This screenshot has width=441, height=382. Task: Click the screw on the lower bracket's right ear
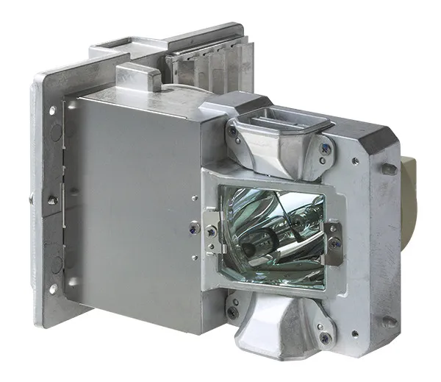tap(323, 338)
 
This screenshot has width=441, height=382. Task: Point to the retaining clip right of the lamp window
tap(334, 240)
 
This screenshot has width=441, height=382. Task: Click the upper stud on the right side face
tap(388, 169)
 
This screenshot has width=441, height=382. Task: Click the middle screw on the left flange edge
tap(52, 199)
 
